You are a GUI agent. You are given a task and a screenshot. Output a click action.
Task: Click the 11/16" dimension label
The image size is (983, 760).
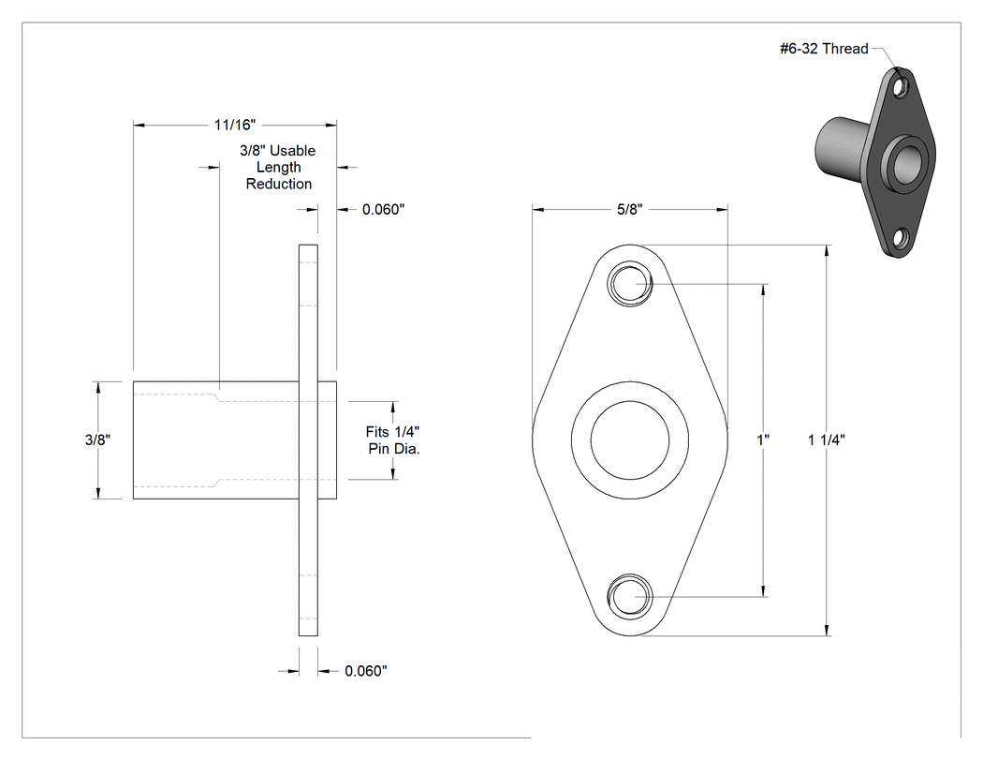click(x=234, y=125)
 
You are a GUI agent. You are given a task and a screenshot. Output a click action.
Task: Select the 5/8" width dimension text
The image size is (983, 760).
click(x=630, y=209)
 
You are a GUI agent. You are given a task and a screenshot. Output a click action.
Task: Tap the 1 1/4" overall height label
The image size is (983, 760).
click(x=827, y=440)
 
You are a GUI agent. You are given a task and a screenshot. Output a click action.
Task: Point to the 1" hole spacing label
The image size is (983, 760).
click(x=763, y=440)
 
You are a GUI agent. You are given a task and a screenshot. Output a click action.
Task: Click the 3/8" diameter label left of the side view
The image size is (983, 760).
click(x=97, y=440)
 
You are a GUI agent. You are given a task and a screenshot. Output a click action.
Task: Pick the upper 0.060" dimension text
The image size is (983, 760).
click(x=383, y=210)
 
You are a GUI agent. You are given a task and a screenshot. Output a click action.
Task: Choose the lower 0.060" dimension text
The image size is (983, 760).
click(x=365, y=671)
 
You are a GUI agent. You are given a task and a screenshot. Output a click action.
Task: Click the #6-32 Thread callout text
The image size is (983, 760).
click(x=824, y=49)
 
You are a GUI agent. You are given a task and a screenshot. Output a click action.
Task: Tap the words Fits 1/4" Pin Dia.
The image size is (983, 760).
click(x=393, y=440)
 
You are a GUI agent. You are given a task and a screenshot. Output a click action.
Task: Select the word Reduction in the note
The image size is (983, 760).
click(x=278, y=184)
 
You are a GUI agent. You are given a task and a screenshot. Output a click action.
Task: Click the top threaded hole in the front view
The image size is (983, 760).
click(x=629, y=284)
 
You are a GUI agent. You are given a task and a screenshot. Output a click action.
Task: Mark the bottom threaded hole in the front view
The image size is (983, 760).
click(x=629, y=596)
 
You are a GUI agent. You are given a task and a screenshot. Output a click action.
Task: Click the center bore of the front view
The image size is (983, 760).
click(x=629, y=440)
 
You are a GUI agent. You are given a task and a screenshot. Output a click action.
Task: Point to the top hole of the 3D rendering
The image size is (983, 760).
click(x=902, y=87)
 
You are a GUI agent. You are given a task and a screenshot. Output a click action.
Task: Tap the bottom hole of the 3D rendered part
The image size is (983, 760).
click(x=901, y=238)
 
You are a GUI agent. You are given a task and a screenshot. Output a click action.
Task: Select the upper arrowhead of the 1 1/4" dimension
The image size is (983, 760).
click(x=828, y=250)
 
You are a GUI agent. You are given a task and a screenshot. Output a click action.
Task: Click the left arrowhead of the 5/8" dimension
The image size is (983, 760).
click(x=538, y=209)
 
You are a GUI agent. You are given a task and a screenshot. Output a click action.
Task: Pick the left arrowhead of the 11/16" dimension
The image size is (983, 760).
click(x=139, y=125)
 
